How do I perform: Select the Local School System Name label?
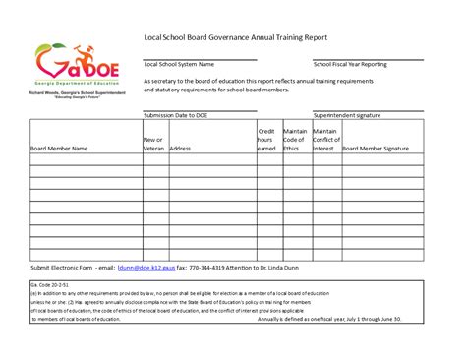click(179, 64)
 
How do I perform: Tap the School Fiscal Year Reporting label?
click(350, 64)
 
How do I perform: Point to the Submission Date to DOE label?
click(176, 115)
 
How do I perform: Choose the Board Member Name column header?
click(59, 149)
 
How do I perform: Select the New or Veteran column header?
click(153, 145)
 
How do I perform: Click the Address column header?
click(180, 149)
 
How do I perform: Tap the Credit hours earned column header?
click(266, 140)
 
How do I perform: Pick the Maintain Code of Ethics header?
click(295, 140)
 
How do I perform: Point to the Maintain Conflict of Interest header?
click(325, 140)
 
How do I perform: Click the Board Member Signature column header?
click(376, 149)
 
